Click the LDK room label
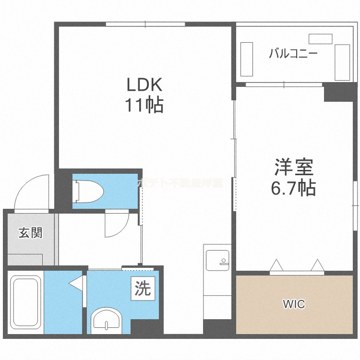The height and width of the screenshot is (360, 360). [145, 85]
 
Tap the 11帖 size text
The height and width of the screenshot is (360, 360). [145, 104]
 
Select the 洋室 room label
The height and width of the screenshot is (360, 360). [294, 168]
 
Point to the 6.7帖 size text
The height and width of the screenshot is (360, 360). [294, 188]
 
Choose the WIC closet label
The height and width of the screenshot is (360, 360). [293, 304]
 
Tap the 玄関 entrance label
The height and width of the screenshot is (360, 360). [30, 233]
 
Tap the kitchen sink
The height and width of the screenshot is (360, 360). [217, 261]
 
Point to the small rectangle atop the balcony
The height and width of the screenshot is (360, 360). [321, 39]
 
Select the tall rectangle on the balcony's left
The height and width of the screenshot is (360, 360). [246, 59]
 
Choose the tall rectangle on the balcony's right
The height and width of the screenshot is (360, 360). [343, 62]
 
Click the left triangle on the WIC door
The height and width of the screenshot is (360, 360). [276, 265]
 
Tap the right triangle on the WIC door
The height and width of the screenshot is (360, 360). [317, 265]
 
